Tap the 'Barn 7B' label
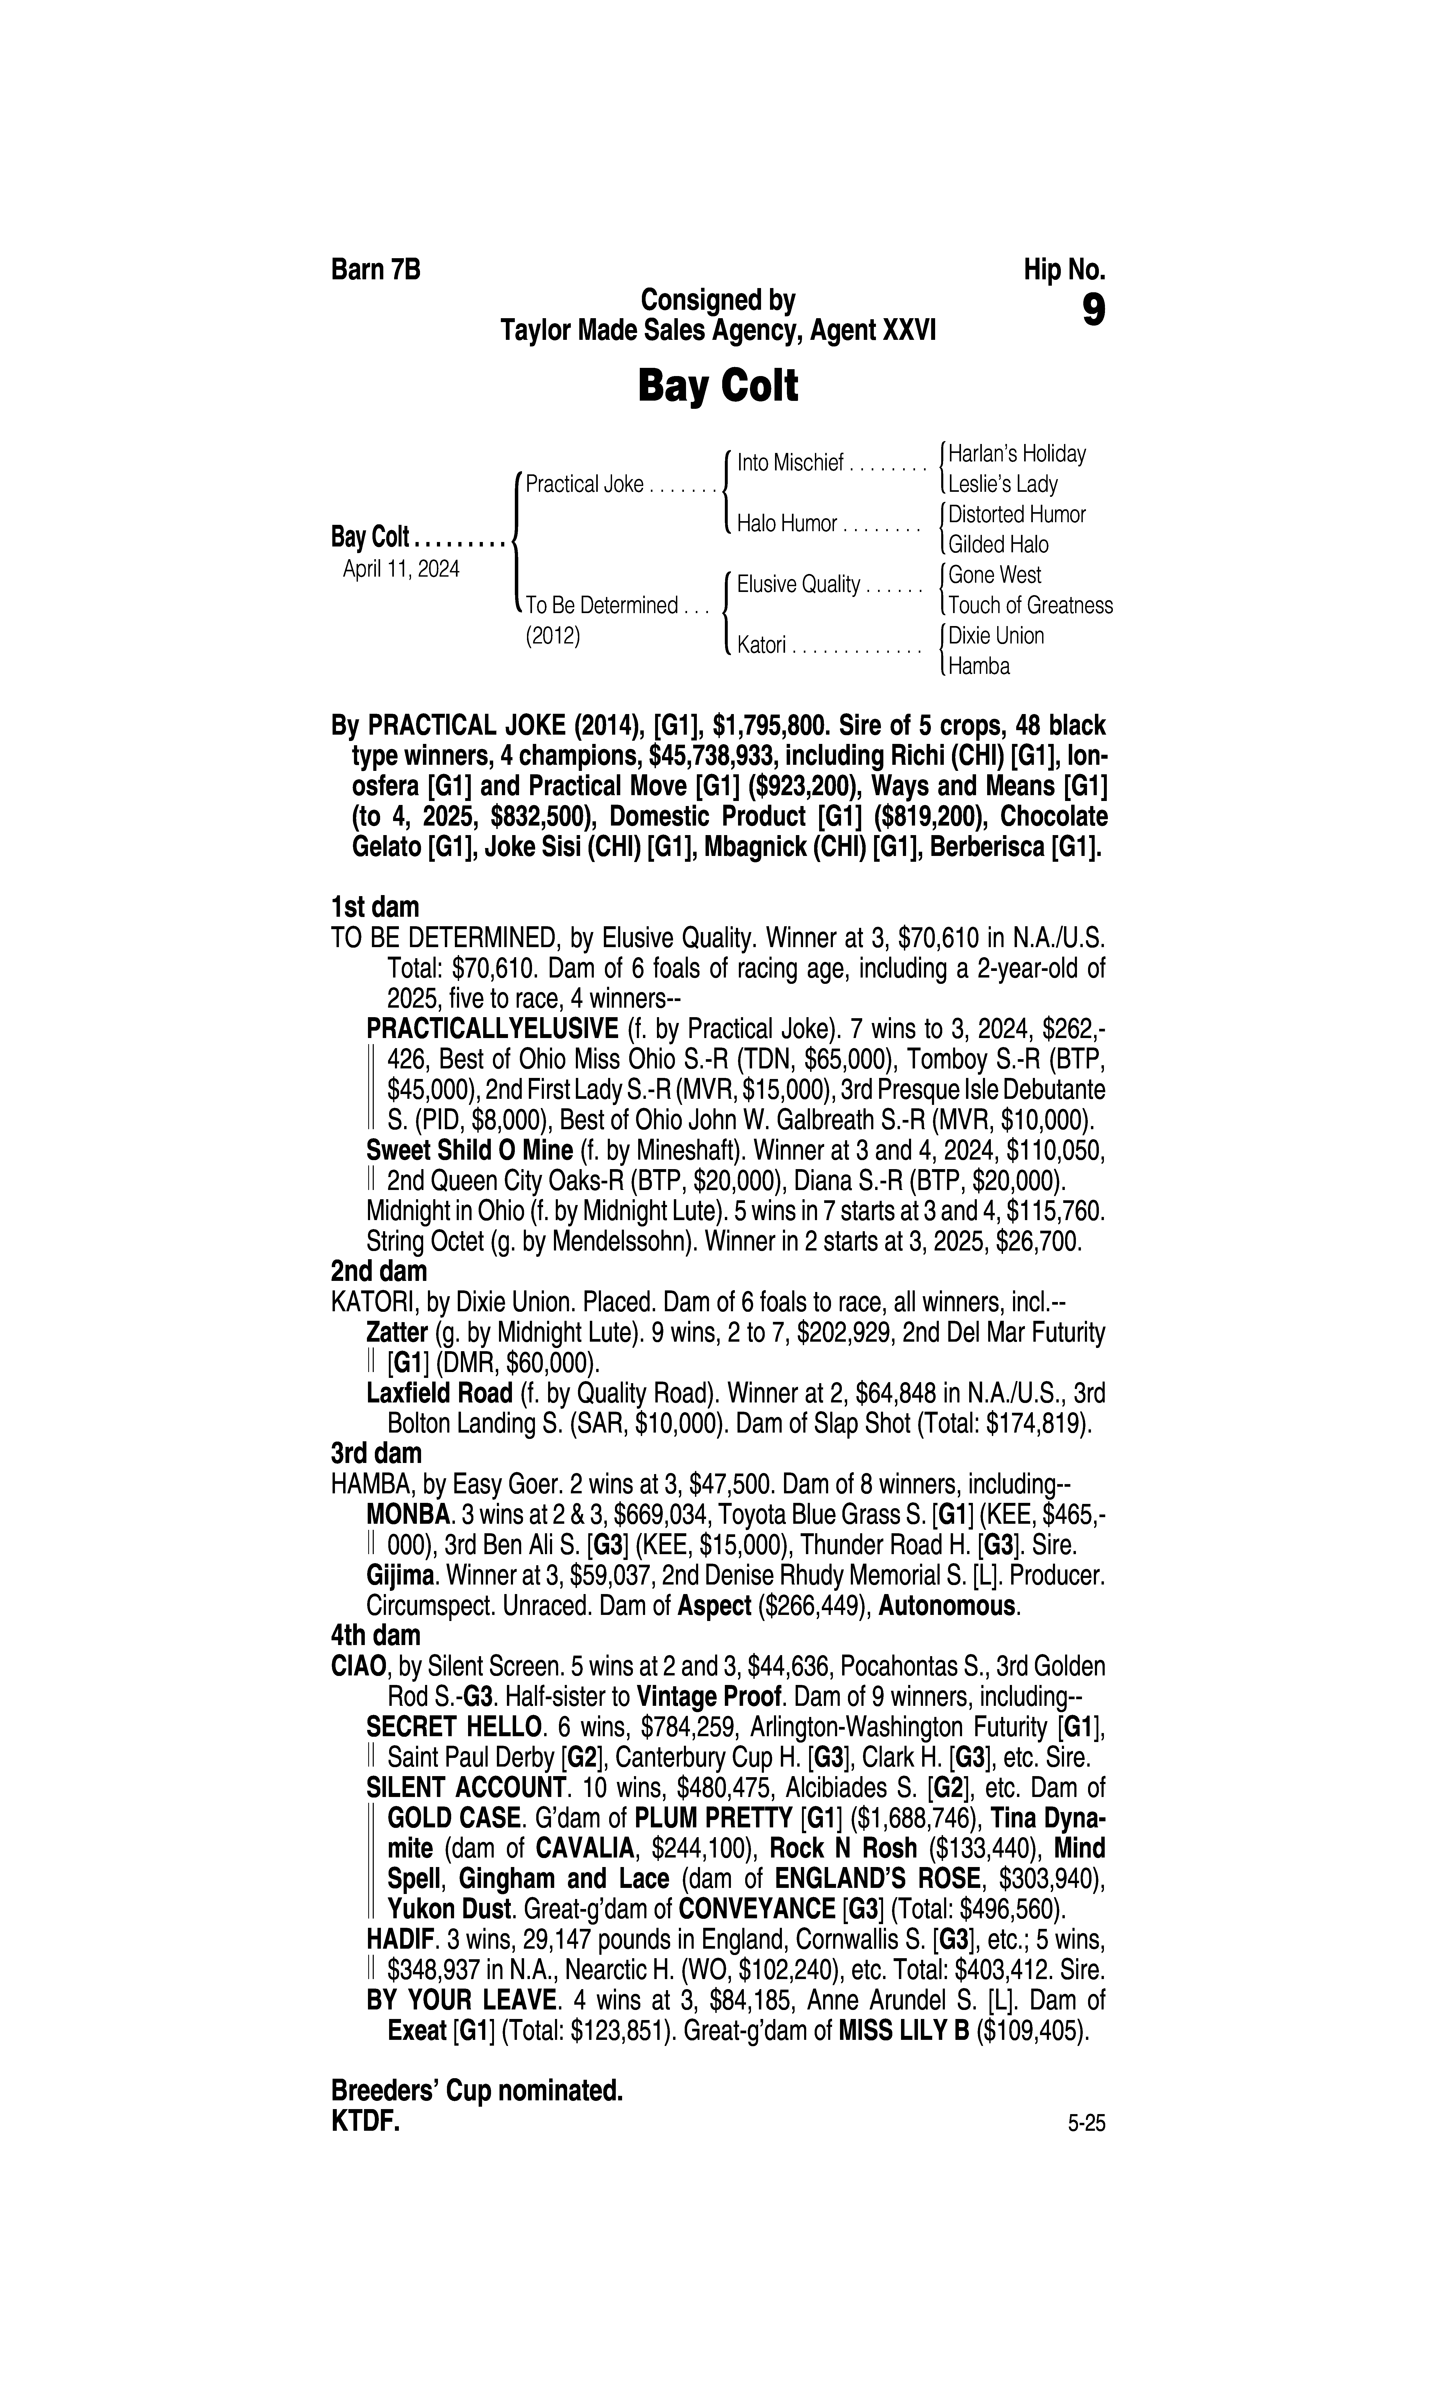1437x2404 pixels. (376, 269)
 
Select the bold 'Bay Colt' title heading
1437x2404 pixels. (717, 386)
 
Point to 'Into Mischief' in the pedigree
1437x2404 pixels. (790, 464)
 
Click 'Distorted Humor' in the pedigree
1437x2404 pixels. (1017, 514)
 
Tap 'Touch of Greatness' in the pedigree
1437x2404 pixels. (1030, 605)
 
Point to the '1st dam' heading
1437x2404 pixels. (375, 907)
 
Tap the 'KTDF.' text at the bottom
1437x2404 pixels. (365, 2122)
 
